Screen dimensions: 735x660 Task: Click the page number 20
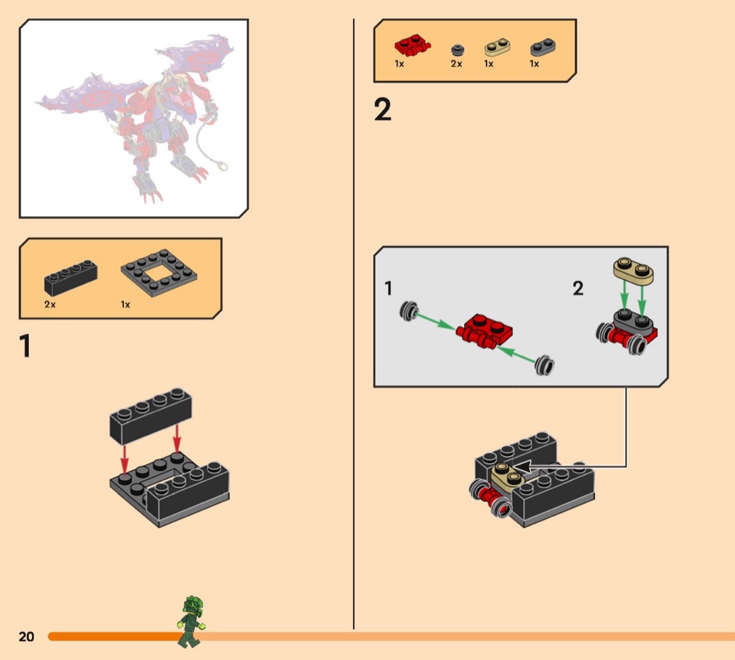(x=27, y=637)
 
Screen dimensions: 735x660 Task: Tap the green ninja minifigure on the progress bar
(x=191, y=622)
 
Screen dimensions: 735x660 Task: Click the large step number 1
(x=24, y=346)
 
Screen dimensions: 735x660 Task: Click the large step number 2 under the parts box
(x=382, y=110)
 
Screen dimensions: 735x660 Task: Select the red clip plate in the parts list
(x=412, y=45)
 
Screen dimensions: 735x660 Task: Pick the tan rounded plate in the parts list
(x=497, y=47)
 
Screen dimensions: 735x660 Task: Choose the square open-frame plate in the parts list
(x=159, y=273)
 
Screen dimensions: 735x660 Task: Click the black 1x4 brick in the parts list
(x=71, y=277)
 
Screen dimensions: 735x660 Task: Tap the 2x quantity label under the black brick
(x=50, y=305)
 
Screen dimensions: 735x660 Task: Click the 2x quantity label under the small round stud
(x=456, y=64)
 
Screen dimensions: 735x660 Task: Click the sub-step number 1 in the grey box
(x=388, y=288)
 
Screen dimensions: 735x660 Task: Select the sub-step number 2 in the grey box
(x=578, y=288)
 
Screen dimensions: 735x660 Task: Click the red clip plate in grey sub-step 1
(x=484, y=332)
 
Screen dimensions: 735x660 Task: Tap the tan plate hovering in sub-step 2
(x=633, y=270)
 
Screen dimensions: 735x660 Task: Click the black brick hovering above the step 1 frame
(x=150, y=416)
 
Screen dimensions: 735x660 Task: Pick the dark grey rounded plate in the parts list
(x=542, y=48)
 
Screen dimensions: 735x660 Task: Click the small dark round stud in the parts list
(x=458, y=50)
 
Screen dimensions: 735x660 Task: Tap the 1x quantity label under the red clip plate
(x=399, y=64)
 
